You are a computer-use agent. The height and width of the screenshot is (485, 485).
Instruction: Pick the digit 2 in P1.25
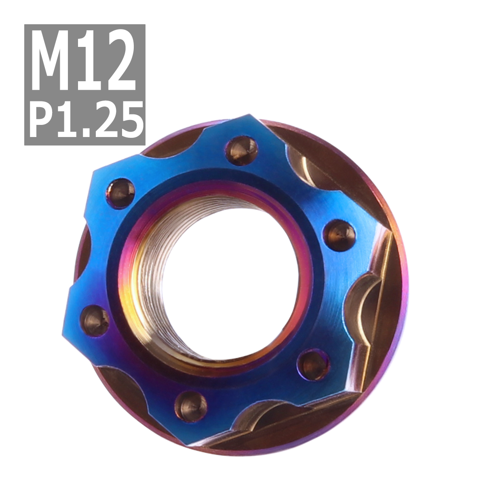[x=104, y=119]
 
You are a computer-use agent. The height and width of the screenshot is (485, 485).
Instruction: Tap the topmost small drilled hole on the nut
[x=242, y=151]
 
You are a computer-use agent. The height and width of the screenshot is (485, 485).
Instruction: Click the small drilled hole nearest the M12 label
[x=121, y=193]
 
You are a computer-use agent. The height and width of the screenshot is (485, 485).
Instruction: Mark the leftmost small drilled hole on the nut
[x=96, y=321]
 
